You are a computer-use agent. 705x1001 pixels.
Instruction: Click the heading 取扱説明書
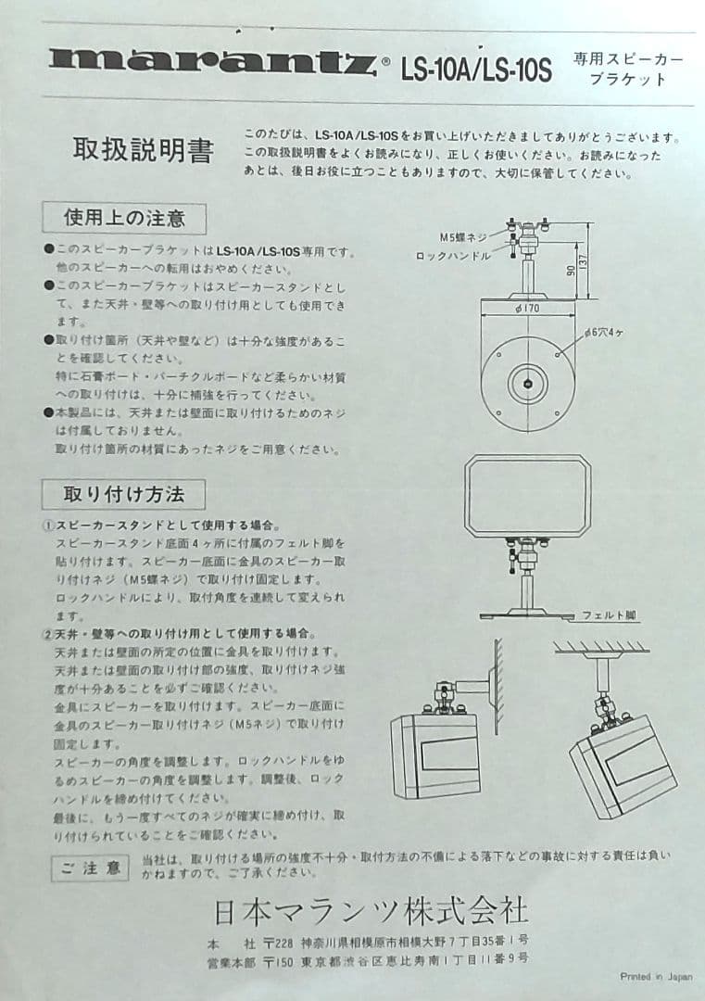coord(143,150)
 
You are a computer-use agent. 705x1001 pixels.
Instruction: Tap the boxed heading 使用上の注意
coord(123,219)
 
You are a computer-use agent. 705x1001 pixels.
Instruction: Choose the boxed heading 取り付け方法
coord(123,492)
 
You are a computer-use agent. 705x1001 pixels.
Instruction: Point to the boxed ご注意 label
coord(90,868)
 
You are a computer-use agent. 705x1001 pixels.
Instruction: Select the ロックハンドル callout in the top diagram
coord(453,255)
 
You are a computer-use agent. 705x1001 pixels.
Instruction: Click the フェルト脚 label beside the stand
coord(609,615)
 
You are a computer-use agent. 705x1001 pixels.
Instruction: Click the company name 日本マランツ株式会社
coord(371,912)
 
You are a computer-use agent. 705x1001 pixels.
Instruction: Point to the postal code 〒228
coord(277,941)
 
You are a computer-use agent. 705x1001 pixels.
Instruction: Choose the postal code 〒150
coord(277,960)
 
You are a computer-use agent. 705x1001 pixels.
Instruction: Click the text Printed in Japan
coord(655,976)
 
